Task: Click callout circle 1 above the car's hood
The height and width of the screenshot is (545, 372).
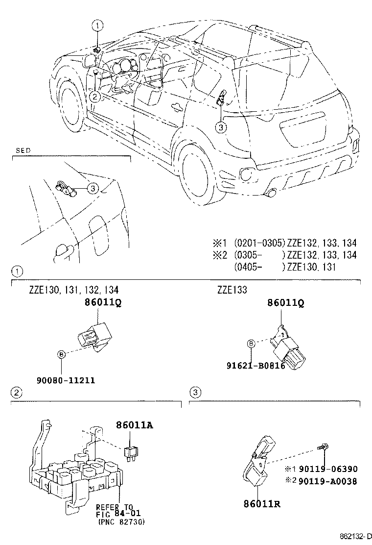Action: pyautogui.click(x=98, y=25)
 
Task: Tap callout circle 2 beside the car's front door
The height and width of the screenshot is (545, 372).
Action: pyautogui.click(x=94, y=96)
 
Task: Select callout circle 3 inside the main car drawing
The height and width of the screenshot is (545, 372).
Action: pyautogui.click(x=221, y=127)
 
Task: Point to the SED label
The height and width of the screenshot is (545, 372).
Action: pyautogui.click(x=23, y=151)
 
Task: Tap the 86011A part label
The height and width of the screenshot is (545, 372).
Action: pyautogui.click(x=135, y=425)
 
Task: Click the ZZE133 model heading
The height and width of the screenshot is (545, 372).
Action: pyautogui.click(x=232, y=290)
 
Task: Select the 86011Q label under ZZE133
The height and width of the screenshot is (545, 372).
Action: pyautogui.click(x=285, y=303)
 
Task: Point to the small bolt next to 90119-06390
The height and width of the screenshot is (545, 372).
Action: pyautogui.click(x=324, y=447)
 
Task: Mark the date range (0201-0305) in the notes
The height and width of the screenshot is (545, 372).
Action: pyautogui.click(x=259, y=243)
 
